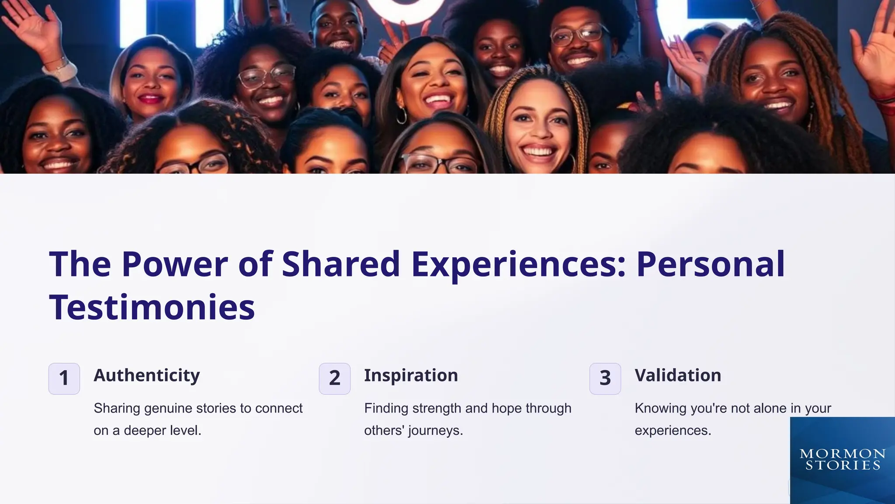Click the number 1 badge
64,378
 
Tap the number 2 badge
334,378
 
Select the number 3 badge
605,378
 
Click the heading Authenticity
146,375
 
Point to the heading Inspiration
411,375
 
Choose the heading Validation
678,375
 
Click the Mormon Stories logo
842,459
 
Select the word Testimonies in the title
152,307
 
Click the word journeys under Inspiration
435,431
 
